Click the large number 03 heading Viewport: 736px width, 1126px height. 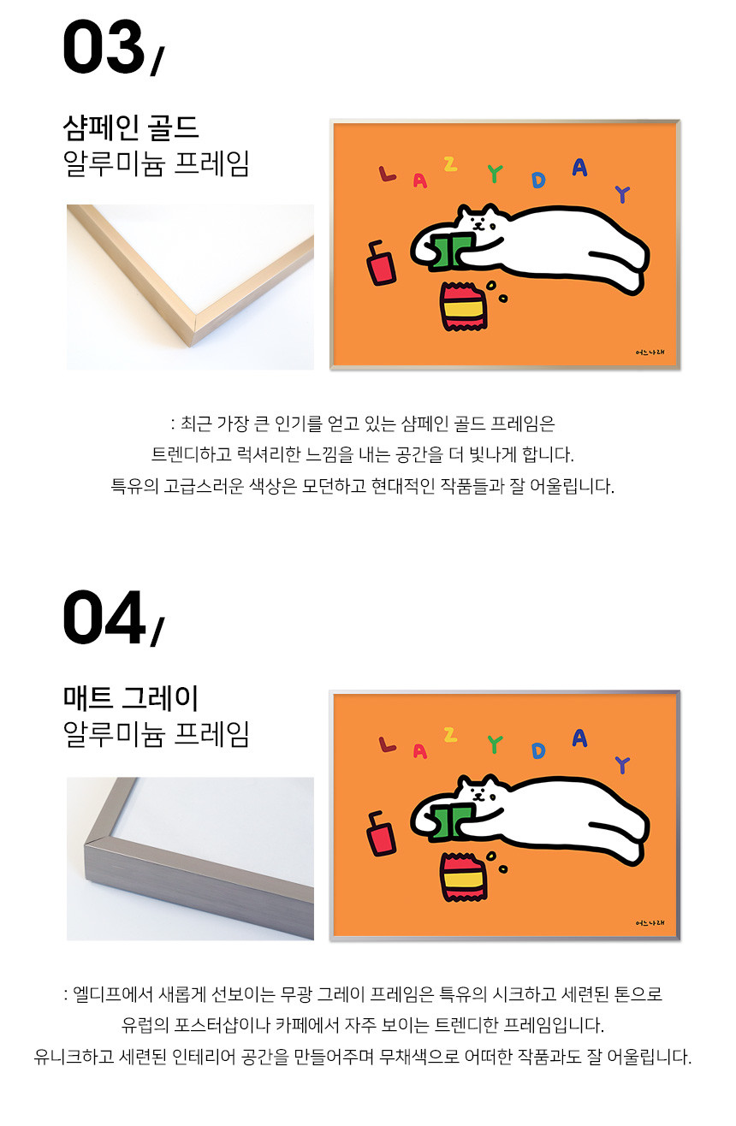coord(104,47)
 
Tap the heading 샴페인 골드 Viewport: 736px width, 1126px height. coord(131,127)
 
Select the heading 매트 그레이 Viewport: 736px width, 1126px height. coord(131,698)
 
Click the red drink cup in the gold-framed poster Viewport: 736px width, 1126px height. coord(381,263)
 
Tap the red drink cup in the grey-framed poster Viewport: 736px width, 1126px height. coord(381,833)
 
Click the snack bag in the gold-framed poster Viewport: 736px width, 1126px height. coord(463,306)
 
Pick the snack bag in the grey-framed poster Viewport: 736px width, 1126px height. coord(463,877)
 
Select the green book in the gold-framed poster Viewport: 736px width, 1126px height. coord(451,252)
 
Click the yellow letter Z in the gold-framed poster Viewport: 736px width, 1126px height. coord(450,164)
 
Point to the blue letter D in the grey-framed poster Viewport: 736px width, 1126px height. coord(538,750)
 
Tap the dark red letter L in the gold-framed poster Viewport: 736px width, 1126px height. coord(387,174)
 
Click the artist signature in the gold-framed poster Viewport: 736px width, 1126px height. coord(650,353)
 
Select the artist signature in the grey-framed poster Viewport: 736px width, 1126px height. coord(650,922)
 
